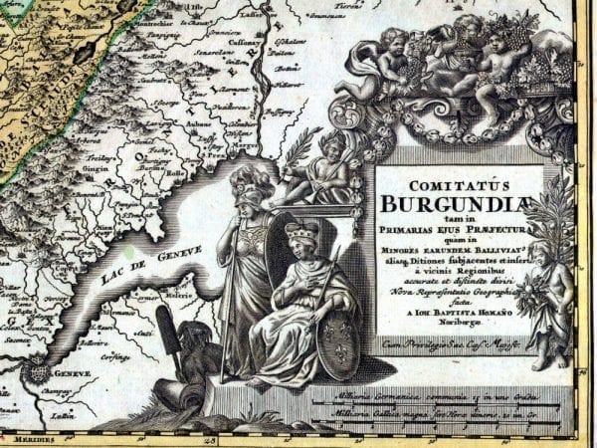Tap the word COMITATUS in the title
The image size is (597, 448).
tap(459, 184)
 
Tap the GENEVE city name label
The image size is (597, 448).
tap(73, 372)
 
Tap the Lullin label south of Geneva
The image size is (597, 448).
tap(64, 415)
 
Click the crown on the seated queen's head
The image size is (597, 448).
tap(298, 232)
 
